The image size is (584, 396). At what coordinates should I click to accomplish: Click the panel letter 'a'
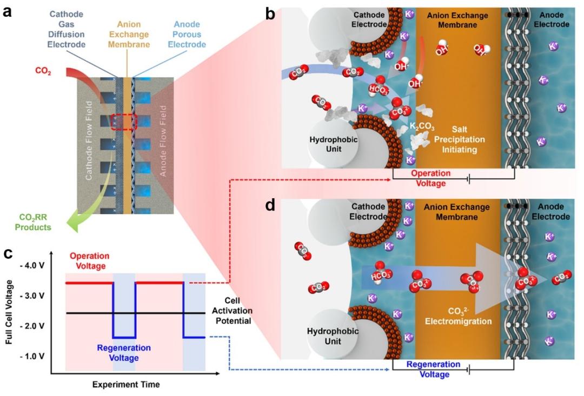pos(8,11)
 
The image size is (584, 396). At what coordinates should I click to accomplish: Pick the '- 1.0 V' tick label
pos(35,357)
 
